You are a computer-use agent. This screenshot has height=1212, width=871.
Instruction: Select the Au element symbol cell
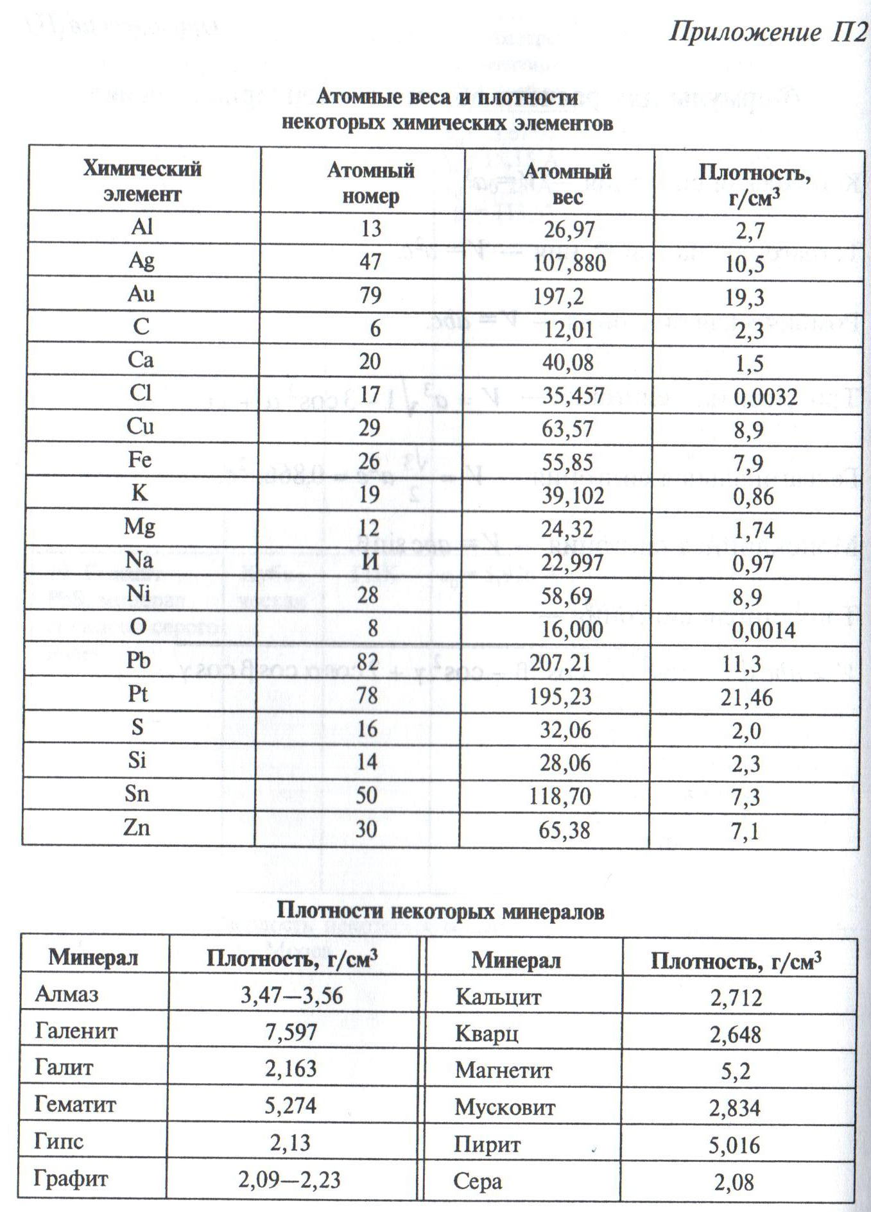tap(141, 294)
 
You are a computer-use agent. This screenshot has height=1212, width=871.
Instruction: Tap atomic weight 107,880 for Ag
tap(569, 262)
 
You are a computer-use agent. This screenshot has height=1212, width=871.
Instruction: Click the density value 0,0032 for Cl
tap(765, 396)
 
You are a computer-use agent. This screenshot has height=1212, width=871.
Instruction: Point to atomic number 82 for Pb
tap(367, 661)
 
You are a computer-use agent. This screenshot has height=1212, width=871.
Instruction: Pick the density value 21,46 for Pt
tap(746, 697)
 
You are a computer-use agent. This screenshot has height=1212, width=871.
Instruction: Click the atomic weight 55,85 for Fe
tap(568, 463)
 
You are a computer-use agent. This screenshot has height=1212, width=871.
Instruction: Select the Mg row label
tap(139, 527)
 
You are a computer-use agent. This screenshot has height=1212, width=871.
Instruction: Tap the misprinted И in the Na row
tap(370, 562)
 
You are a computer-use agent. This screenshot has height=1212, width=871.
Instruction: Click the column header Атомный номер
tap(370, 183)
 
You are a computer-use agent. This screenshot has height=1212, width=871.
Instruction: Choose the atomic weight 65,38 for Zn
tap(564, 830)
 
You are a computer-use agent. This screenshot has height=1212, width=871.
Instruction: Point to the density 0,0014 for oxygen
tap(763, 630)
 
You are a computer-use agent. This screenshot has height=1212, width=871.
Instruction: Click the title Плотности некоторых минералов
tap(440, 911)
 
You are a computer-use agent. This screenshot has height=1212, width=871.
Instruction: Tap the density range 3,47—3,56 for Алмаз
tap(291, 995)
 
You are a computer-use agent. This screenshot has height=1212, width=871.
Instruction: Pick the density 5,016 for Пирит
tap(734, 1145)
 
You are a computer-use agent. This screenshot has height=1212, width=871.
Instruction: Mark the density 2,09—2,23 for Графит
tap(289, 1179)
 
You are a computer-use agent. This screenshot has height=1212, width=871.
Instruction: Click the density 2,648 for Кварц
tap(735, 1034)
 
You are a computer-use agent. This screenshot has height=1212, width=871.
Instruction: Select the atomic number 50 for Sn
tap(367, 796)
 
